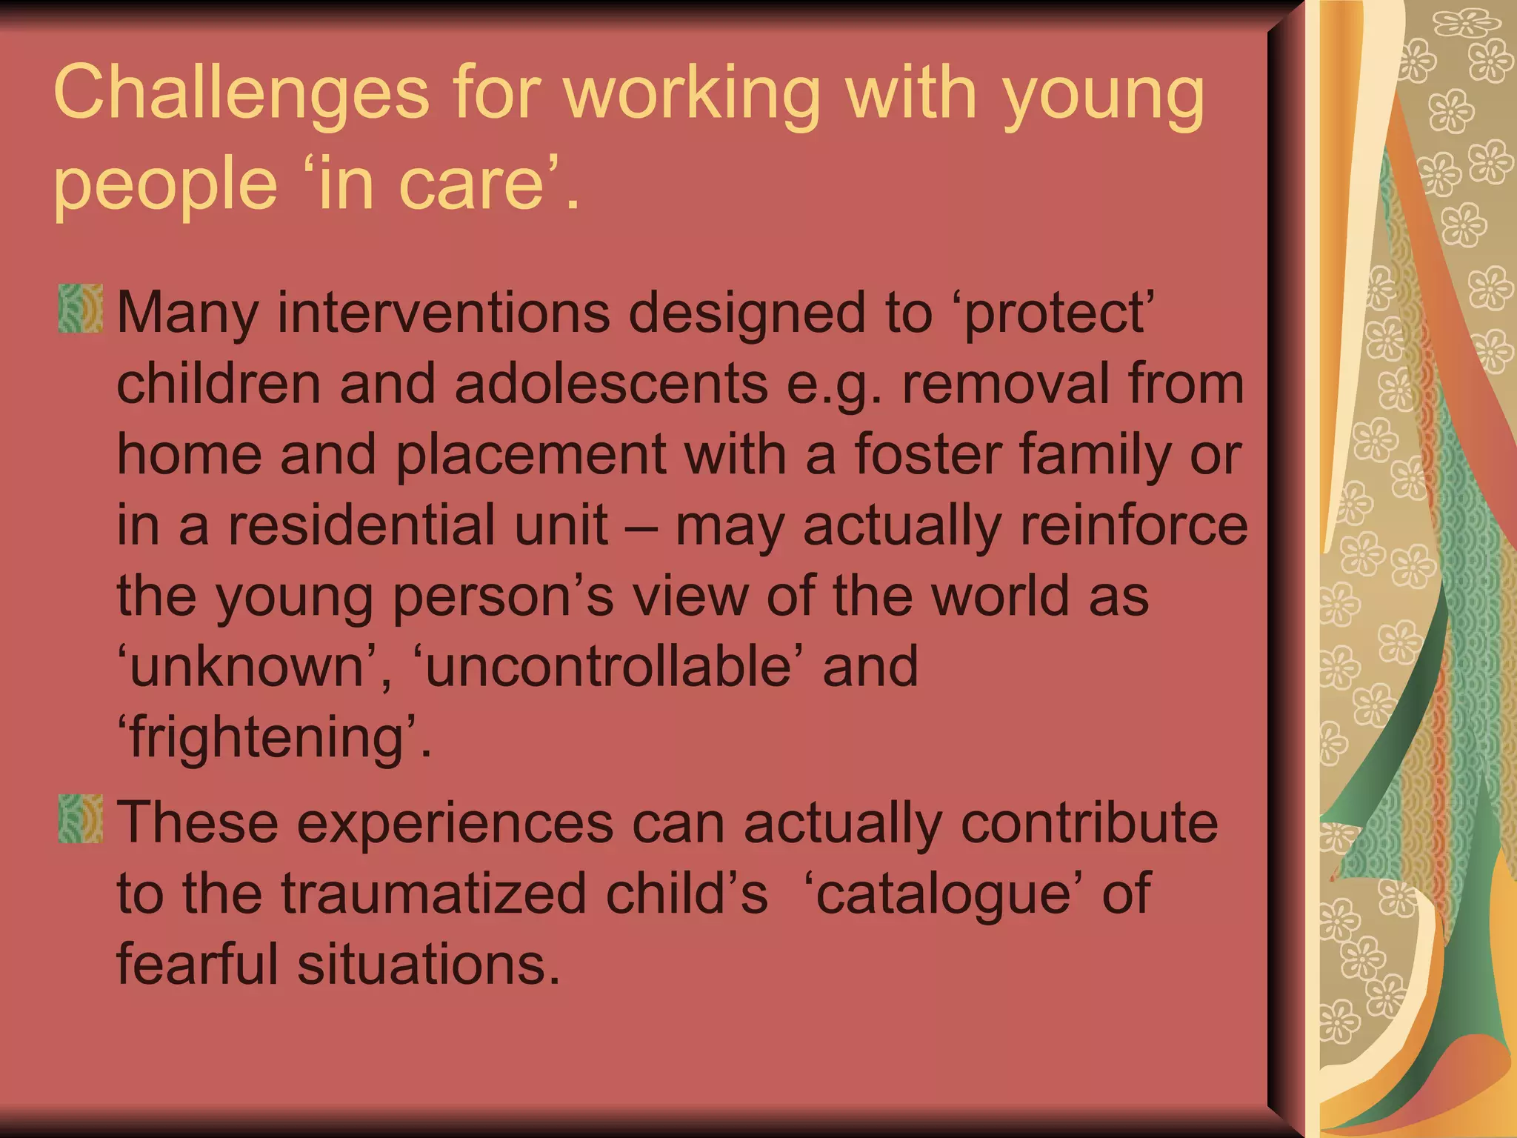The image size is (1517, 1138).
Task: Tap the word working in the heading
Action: [x=693, y=93]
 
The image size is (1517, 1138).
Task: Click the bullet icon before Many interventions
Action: [x=81, y=308]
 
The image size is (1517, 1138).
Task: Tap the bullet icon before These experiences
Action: [x=81, y=819]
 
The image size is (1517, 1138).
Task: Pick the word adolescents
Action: [x=611, y=384]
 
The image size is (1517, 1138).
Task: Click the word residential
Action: [x=418, y=525]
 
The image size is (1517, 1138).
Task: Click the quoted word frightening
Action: [x=266, y=737]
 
